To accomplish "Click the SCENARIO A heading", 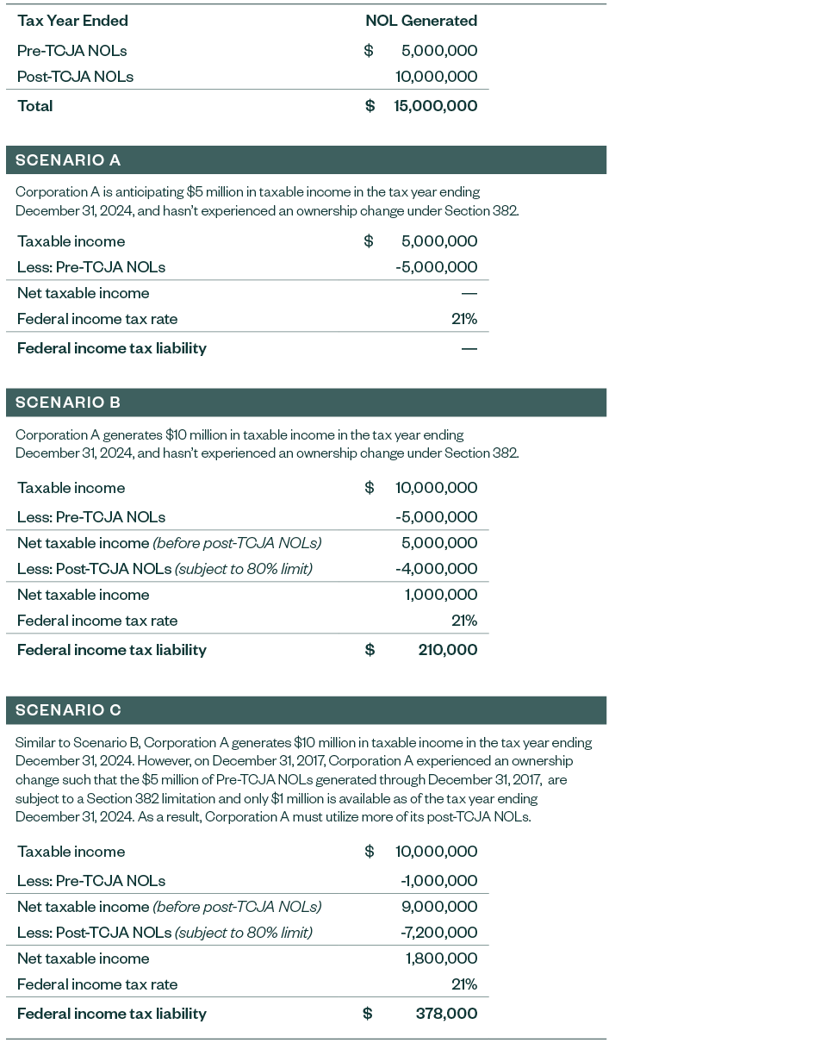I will (68, 160).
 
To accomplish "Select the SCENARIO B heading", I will (68, 403).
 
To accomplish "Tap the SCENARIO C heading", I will (68, 710).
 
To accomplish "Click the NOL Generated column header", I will (420, 21).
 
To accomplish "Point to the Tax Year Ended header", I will (72, 21).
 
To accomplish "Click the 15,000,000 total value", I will (435, 106).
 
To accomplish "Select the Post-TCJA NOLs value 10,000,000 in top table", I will (436, 77).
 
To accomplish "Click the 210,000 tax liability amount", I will (447, 650).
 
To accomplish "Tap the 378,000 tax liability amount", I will (446, 1014).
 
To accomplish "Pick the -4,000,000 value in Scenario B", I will (436, 569).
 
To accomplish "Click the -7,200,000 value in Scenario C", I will (438, 933).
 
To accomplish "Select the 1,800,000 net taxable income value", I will (441, 959).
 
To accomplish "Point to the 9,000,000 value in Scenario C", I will (439, 907).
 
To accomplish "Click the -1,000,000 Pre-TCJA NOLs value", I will (438, 881).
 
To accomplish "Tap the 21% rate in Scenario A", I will (463, 319).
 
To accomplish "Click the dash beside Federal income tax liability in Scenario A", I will (469, 349).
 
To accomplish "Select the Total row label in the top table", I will (35, 106).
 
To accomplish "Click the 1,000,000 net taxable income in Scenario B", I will (440, 595).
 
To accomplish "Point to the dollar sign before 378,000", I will (368, 1014).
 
